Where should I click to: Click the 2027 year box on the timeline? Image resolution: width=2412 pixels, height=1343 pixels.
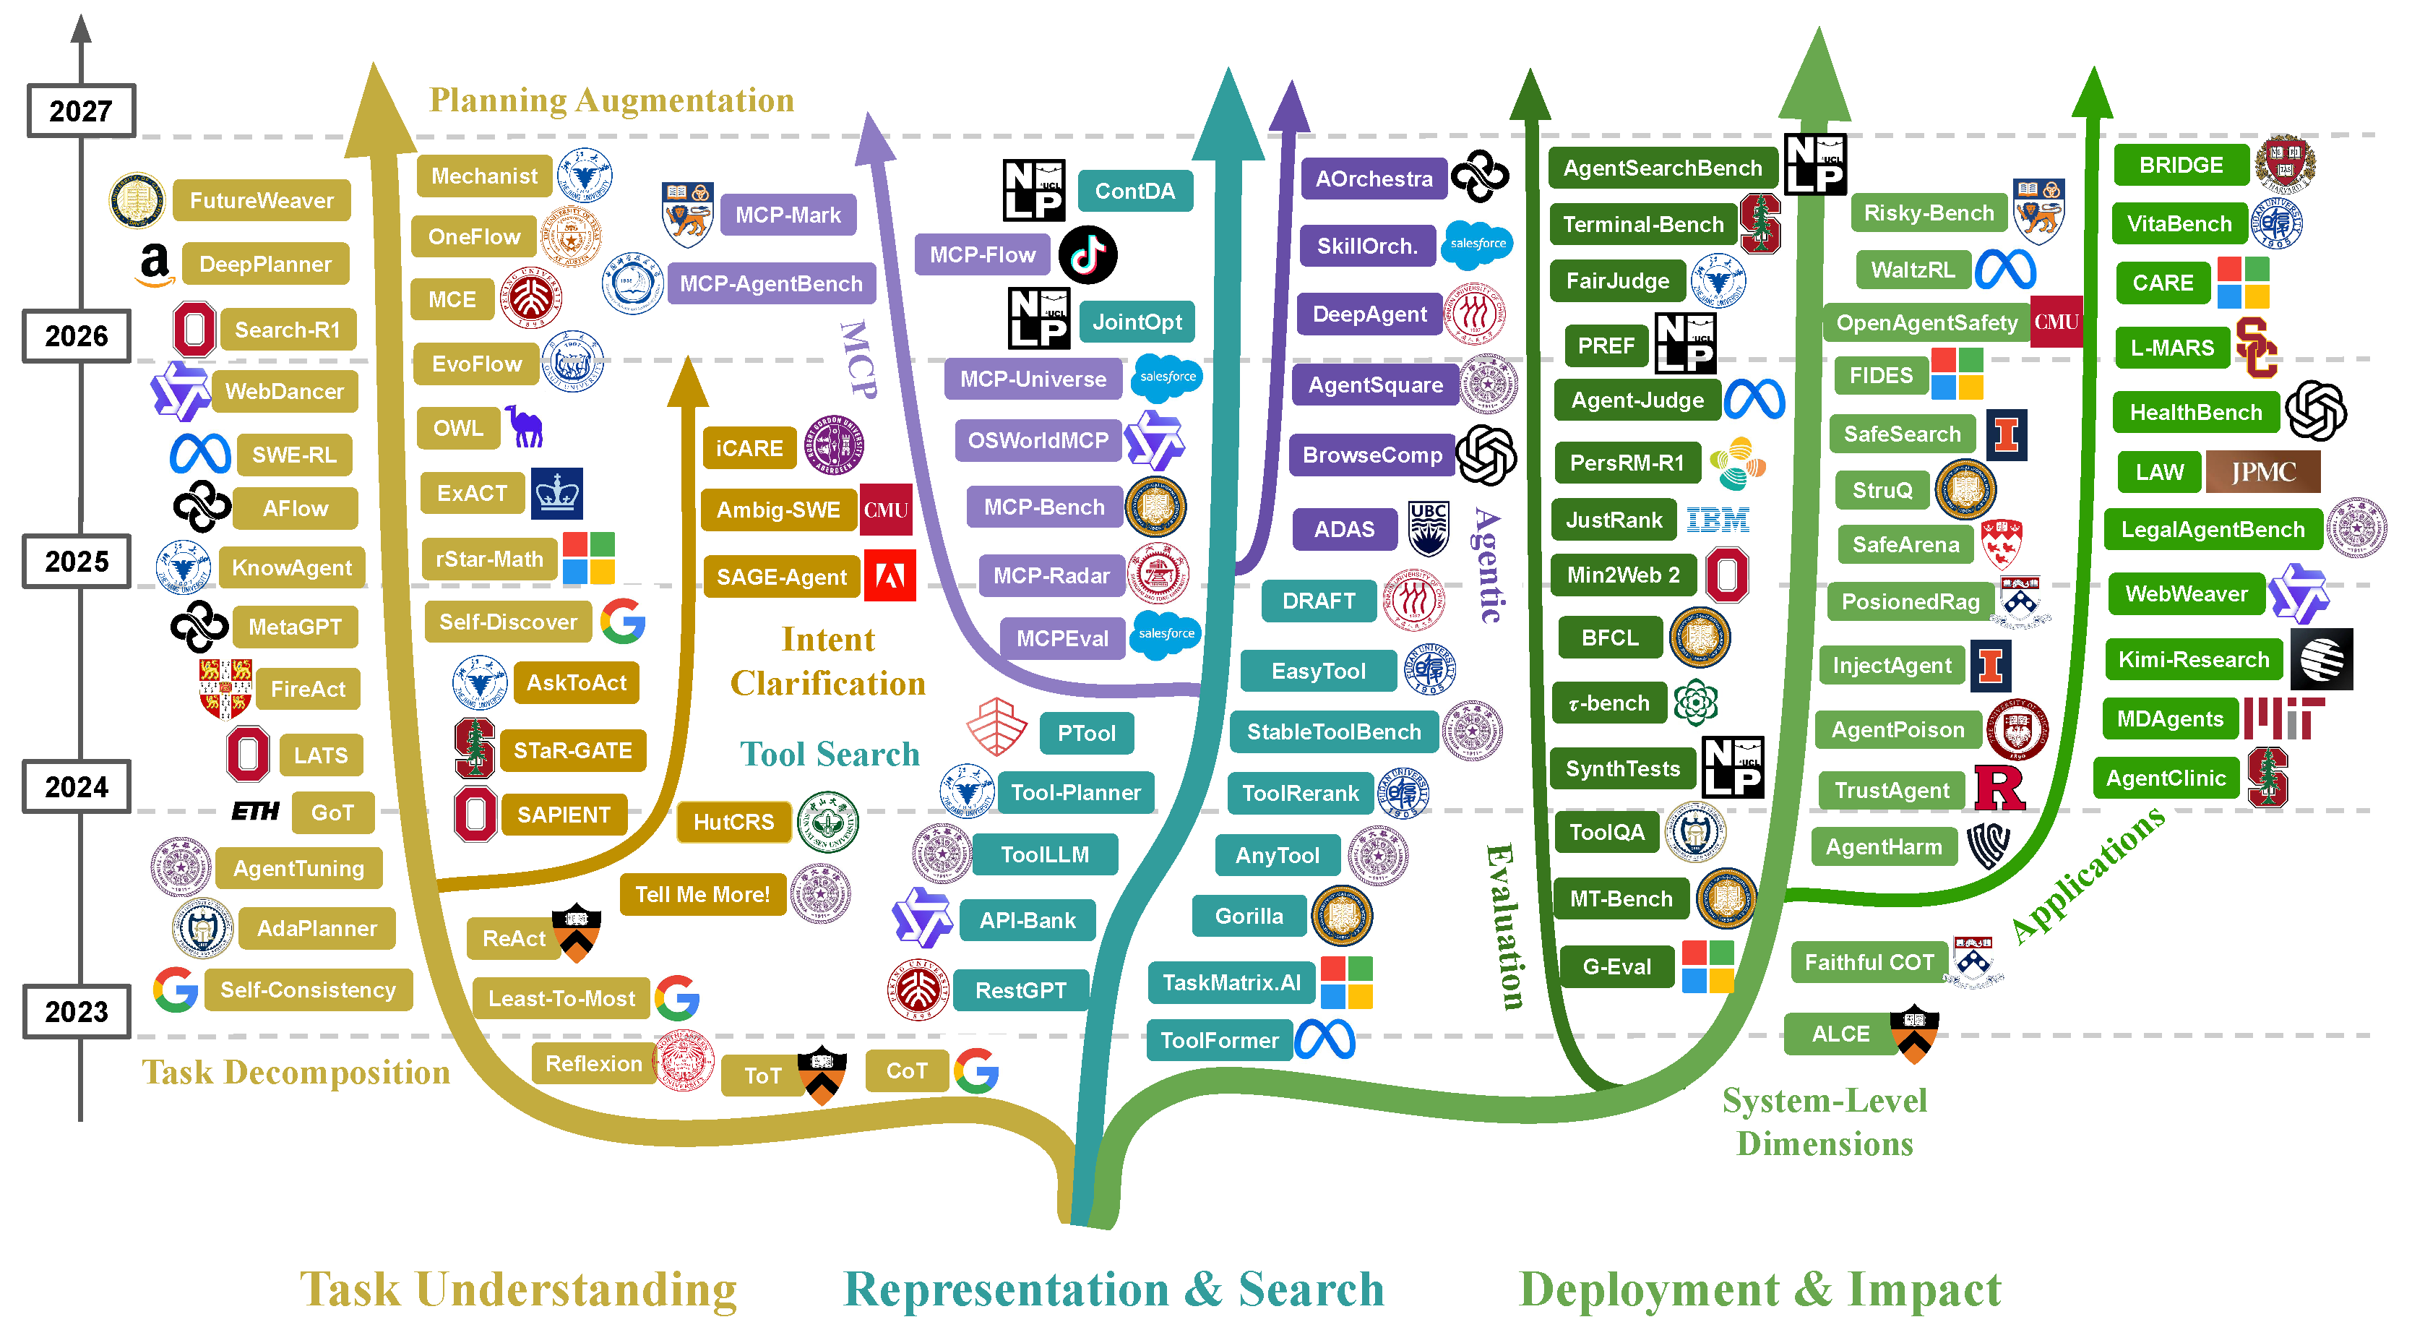click(80, 111)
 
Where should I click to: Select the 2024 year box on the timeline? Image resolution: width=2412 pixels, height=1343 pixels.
click(77, 786)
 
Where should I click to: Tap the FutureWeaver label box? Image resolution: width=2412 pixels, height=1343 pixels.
click(262, 200)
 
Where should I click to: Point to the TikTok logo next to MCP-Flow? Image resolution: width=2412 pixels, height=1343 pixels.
click(1088, 254)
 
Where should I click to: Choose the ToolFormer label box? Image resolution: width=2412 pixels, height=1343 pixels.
click(1219, 1040)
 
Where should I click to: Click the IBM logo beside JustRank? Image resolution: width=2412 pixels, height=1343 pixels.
click(1718, 520)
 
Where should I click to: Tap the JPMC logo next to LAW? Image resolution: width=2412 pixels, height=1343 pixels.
click(2263, 472)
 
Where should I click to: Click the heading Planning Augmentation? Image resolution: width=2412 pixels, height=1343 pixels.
click(611, 100)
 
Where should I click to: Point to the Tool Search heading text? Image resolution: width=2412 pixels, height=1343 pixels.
click(830, 754)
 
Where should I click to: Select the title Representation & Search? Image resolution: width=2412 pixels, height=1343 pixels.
click(1114, 1290)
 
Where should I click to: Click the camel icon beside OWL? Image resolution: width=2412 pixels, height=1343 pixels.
click(525, 427)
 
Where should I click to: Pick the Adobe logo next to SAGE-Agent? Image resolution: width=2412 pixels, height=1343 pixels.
click(890, 575)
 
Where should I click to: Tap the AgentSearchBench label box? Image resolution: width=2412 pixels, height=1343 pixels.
click(1662, 168)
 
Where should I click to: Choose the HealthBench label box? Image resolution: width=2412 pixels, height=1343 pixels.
click(2196, 412)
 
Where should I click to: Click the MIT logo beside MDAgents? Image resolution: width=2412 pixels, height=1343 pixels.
click(2283, 718)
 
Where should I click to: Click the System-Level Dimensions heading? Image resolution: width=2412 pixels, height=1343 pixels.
click(1825, 1122)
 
